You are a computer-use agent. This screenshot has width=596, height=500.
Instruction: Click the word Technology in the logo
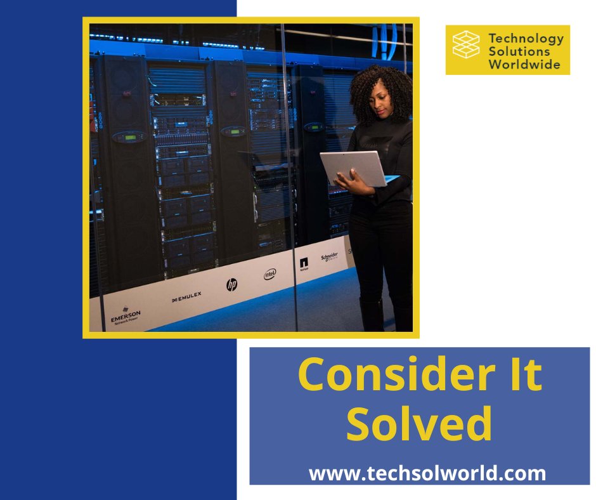click(x=526, y=38)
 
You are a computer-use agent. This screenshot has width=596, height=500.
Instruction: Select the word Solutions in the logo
click(x=520, y=51)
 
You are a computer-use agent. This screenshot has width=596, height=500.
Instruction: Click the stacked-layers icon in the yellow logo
click(x=466, y=44)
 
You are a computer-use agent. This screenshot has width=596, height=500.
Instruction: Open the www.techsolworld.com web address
click(x=427, y=473)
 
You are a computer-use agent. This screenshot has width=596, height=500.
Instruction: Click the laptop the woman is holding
click(x=353, y=168)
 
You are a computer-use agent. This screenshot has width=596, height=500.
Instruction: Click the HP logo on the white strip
click(x=231, y=285)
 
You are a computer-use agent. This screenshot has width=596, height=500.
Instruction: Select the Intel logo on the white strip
click(x=270, y=274)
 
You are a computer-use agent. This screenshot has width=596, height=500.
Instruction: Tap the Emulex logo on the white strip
click(x=186, y=296)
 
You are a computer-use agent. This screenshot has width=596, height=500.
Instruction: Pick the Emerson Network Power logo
click(x=126, y=316)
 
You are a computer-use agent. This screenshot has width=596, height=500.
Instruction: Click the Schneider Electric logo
click(x=329, y=257)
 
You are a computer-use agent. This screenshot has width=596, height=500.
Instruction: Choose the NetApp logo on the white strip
click(x=304, y=265)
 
